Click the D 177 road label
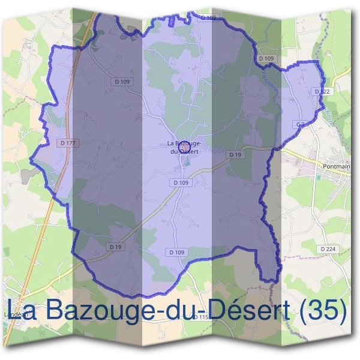point(68,143)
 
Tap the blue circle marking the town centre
point(185,145)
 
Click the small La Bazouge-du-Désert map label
point(184,147)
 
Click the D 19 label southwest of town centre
point(116,247)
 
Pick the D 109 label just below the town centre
point(181,182)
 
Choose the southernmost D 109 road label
point(177,253)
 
